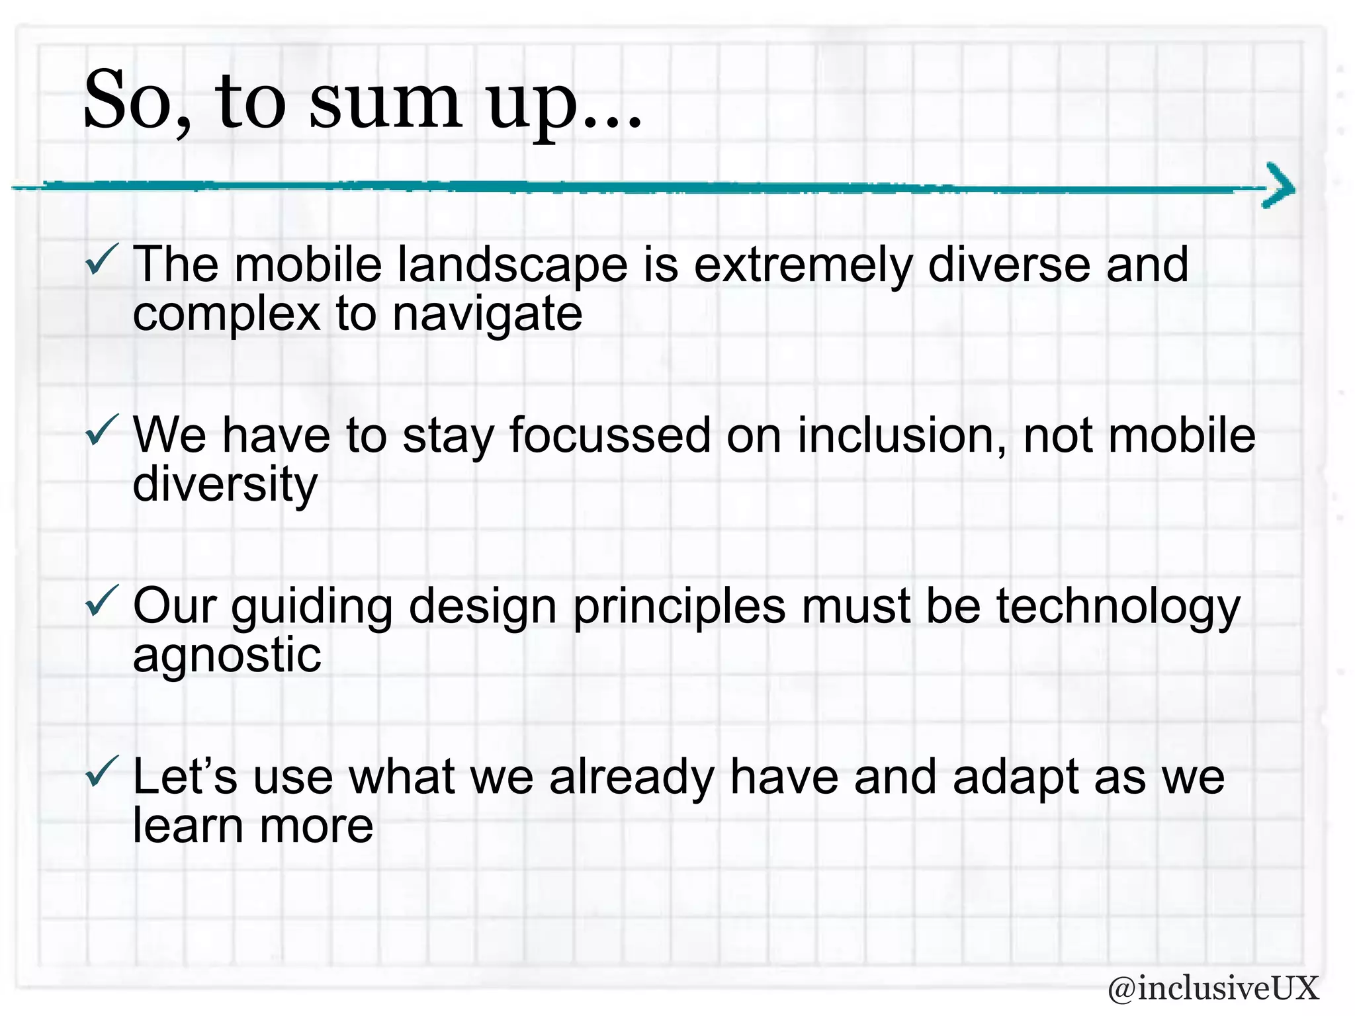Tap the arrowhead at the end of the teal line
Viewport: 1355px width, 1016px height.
tap(1279, 186)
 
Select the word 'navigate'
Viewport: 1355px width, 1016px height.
tap(487, 315)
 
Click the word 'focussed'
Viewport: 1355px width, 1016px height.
tap(609, 437)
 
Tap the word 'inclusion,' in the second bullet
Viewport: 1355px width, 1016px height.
tap(901, 437)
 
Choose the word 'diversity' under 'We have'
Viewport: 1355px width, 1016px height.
tap(225, 486)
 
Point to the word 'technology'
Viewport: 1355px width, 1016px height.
tap(1117, 607)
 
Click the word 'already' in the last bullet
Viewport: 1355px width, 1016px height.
tap(631, 778)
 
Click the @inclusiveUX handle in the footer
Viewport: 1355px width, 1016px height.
tap(1213, 988)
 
